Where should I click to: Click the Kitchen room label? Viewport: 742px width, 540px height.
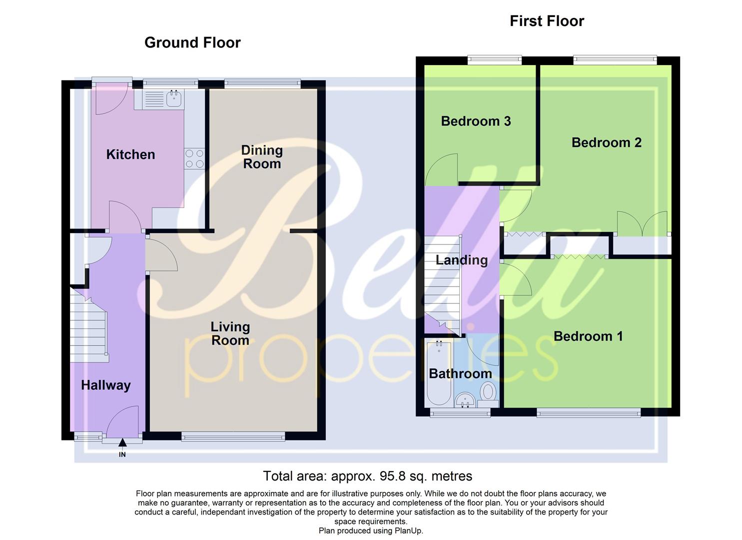(x=130, y=154)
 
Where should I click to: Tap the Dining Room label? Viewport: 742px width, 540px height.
(x=262, y=157)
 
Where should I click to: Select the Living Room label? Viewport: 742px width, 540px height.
(x=230, y=333)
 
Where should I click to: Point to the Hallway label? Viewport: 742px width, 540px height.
(x=106, y=385)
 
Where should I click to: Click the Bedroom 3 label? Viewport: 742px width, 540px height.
(x=476, y=121)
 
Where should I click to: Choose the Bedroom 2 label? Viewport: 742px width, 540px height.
(x=606, y=142)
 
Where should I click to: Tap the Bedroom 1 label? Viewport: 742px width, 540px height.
(x=588, y=336)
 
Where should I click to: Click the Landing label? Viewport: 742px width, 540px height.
(x=462, y=260)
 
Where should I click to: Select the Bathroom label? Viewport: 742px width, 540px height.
(x=460, y=373)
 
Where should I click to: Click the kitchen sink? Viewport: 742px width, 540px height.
(x=174, y=98)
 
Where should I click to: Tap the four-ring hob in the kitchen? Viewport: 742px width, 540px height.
(x=194, y=158)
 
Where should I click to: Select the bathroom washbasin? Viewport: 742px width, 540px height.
(x=466, y=399)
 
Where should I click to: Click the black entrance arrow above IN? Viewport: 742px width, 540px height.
(x=122, y=442)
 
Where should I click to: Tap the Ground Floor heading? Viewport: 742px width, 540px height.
(x=192, y=42)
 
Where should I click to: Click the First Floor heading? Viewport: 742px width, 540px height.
(x=547, y=21)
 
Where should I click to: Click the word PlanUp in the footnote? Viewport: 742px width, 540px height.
(x=408, y=530)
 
